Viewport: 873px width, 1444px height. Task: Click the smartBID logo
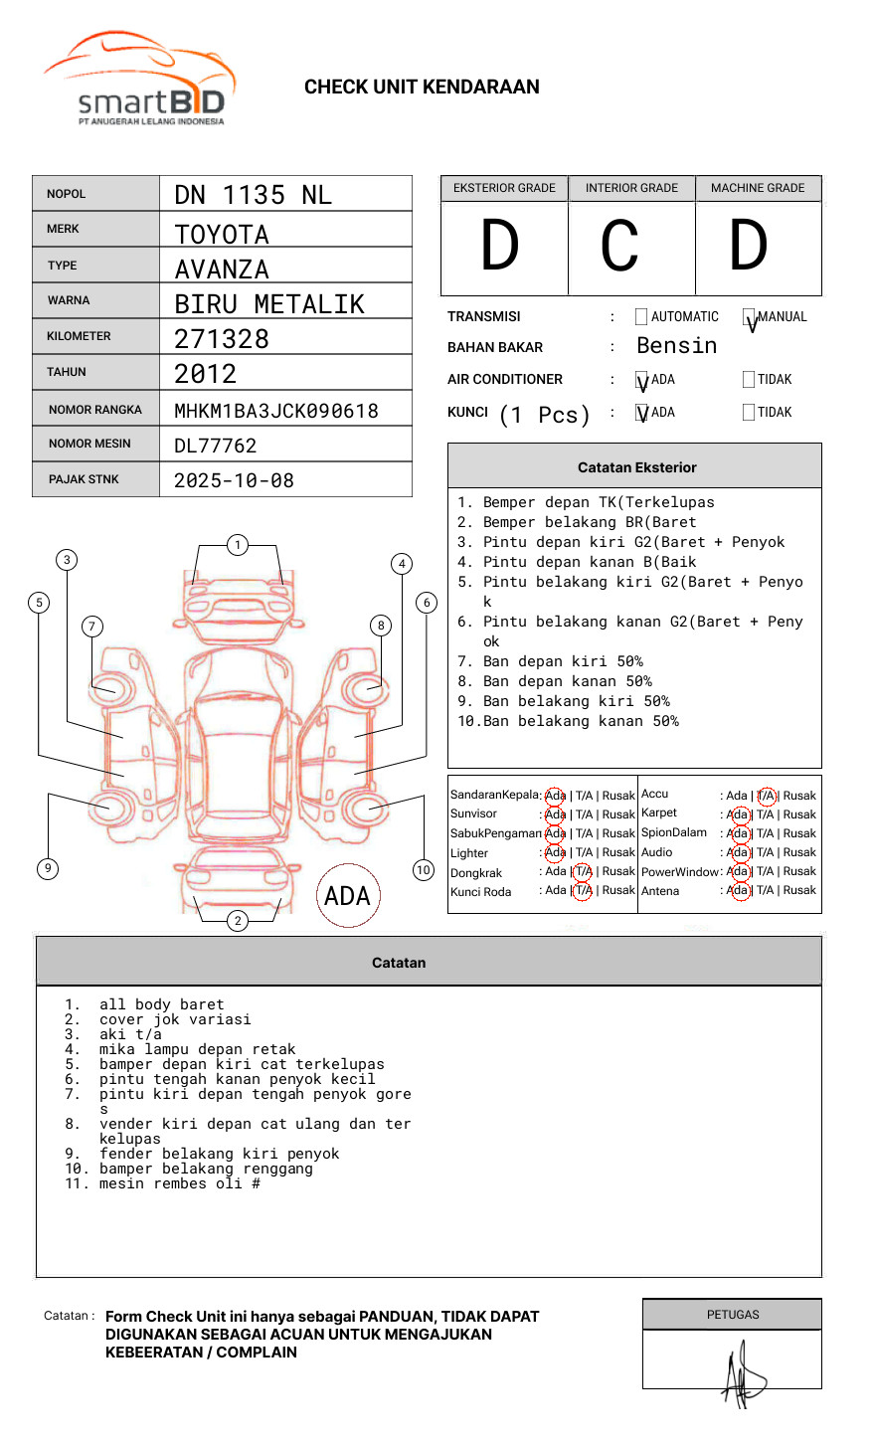(x=139, y=80)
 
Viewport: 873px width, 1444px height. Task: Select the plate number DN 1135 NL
(x=253, y=195)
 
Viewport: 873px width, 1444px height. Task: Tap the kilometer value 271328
(x=222, y=339)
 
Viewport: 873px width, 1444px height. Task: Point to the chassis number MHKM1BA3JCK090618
(x=276, y=411)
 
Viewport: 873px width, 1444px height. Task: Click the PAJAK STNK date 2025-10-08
(x=234, y=480)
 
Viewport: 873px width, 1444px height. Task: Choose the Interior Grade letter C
(x=619, y=247)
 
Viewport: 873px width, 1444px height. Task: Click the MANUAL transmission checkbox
(x=749, y=317)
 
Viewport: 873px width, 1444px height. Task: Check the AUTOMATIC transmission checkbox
(x=641, y=317)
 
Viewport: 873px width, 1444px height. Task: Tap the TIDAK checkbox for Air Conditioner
(x=749, y=380)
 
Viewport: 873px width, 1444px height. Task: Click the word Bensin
(x=676, y=346)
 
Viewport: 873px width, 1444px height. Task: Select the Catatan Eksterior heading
(x=636, y=467)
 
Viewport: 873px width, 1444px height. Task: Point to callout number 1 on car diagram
(x=237, y=545)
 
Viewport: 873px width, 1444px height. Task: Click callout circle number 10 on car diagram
(x=424, y=870)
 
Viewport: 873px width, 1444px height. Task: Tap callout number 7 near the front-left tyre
(x=92, y=626)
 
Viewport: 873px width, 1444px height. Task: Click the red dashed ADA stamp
(x=347, y=896)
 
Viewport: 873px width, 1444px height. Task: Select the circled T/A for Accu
(x=766, y=796)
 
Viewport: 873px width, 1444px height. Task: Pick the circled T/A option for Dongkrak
(x=583, y=872)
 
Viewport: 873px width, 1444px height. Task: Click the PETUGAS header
(x=732, y=1315)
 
